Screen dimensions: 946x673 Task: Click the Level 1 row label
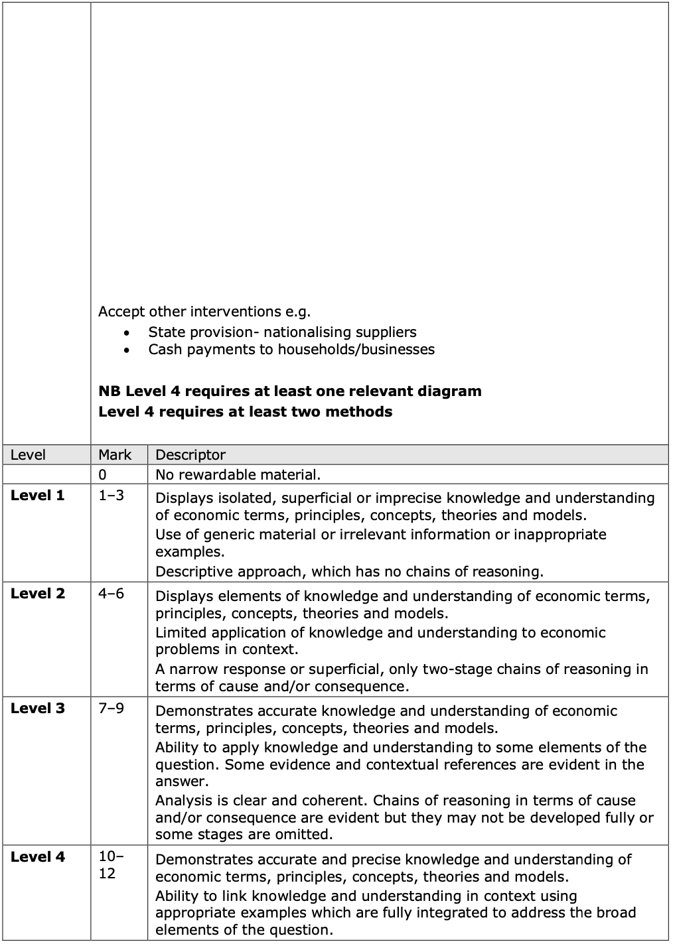38,496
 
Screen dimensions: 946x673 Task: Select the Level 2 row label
38,593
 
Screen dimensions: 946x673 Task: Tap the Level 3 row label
38,708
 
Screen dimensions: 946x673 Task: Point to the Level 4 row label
38,856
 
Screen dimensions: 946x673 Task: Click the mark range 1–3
111,496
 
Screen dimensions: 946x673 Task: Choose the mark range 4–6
111,593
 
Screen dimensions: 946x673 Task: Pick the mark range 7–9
111,708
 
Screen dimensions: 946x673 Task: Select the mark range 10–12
111,864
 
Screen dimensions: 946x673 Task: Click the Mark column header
115,454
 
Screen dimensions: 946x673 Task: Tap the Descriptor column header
190,454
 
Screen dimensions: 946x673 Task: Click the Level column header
29,454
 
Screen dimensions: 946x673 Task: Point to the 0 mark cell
102,474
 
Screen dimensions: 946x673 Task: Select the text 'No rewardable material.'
238,474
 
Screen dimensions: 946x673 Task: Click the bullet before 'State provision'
127,332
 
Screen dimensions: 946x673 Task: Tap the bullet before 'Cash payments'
127,350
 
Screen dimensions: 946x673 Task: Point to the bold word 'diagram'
449,391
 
